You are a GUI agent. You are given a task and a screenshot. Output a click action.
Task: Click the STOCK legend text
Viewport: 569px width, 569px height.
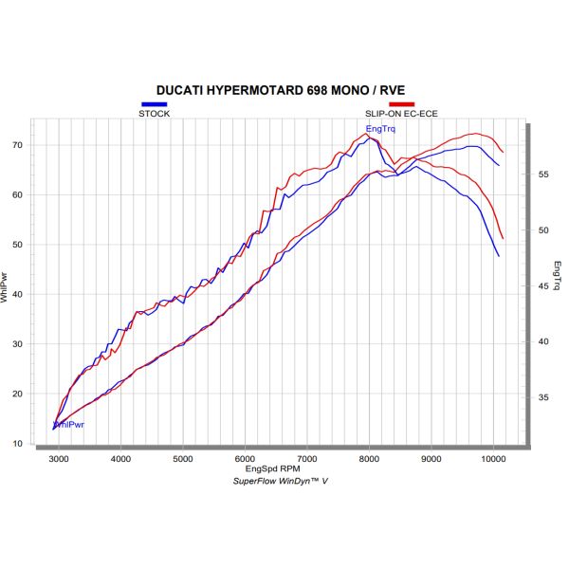155,113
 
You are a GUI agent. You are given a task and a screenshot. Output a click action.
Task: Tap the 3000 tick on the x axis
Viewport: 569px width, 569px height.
59,459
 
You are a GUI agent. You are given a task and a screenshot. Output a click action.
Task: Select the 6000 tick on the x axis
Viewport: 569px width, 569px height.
245,459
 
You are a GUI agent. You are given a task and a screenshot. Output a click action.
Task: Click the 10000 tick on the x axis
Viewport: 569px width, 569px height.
492,459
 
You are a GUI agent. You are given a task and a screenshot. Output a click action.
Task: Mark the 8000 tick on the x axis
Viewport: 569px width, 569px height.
369,459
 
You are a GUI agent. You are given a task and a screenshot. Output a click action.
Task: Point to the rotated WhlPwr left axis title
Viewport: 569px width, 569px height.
6,287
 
